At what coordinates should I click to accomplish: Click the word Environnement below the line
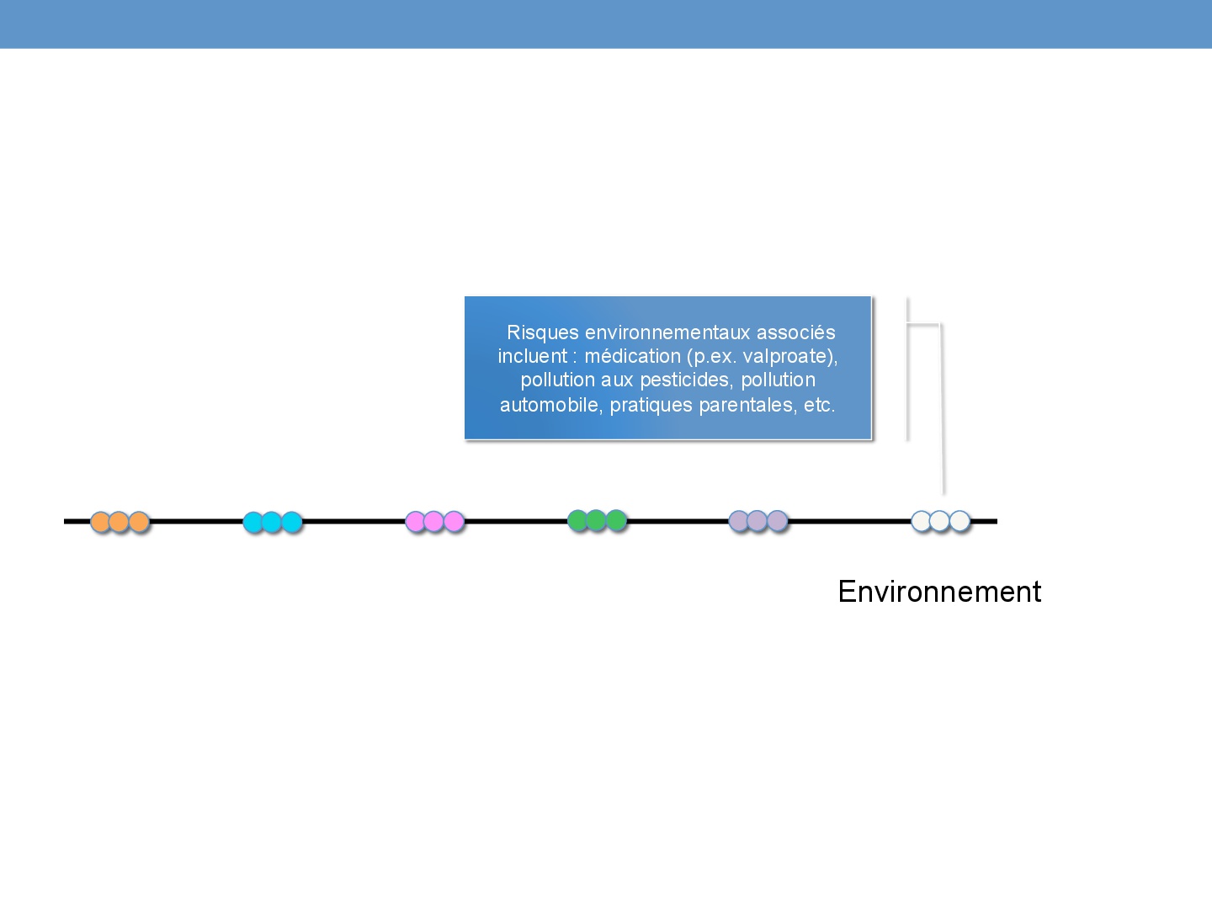(x=939, y=592)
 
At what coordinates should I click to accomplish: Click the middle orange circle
(x=120, y=522)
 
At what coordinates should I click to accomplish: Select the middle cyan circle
(x=272, y=522)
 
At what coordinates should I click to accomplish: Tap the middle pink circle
(x=434, y=522)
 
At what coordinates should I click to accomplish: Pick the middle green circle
(x=597, y=520)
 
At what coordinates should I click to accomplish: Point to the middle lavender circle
(x=757, y=520)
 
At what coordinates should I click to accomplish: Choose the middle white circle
(x=940, y=520)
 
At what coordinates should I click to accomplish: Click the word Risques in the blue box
(x=543, y=333)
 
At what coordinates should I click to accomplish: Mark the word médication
(x=633, y=357)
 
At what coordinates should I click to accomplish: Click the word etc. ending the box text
(x=820, y=406)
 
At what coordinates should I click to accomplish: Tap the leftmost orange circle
(x=100, y=522)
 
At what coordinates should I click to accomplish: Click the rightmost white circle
(x=959, y=520)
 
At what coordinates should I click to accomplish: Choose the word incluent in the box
(x=532, y=357)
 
